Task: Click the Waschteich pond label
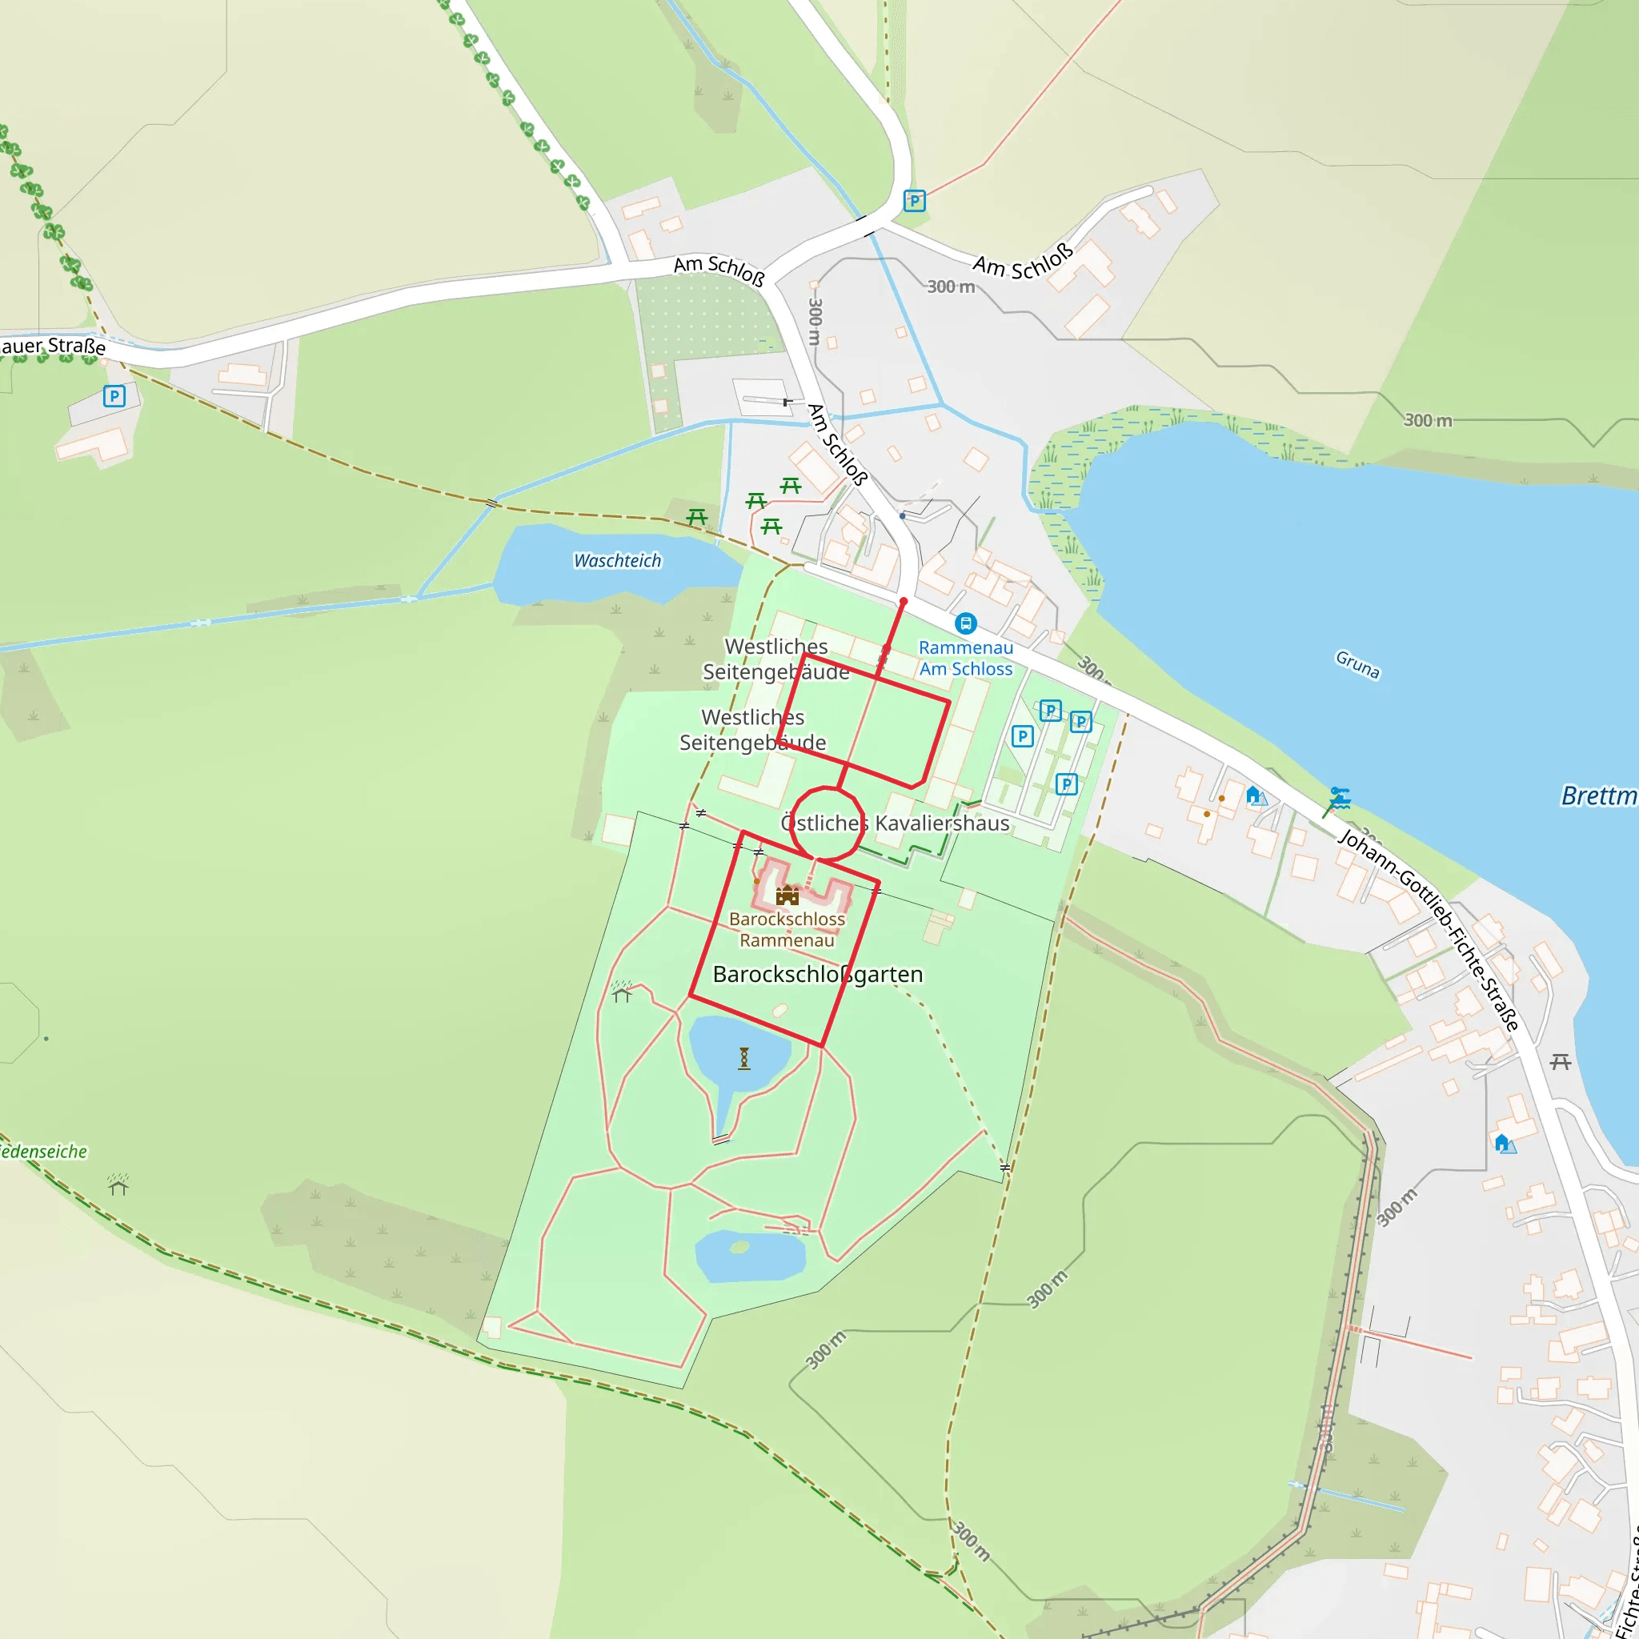point(617,561)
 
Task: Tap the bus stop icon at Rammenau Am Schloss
point(965,623)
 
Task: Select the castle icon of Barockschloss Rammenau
point(787,895)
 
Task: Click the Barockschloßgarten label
point(817,974)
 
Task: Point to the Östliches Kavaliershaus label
point(895,823)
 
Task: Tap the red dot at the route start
point(904,602)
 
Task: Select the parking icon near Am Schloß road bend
point(915,201)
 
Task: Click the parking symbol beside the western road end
point(114,395)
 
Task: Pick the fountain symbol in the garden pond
point(744,1058)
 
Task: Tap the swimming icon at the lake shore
point(1340,797)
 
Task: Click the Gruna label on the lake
point(1357,664)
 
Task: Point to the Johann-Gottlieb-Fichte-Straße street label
point(1429,930)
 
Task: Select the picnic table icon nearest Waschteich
point(696,517)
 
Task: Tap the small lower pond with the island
point(750,1256)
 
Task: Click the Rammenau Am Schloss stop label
point(965,659)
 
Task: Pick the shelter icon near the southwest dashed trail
point(118,1184)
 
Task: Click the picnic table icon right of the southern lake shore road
point(1560,1061)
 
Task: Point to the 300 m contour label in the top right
point(1428,421)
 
